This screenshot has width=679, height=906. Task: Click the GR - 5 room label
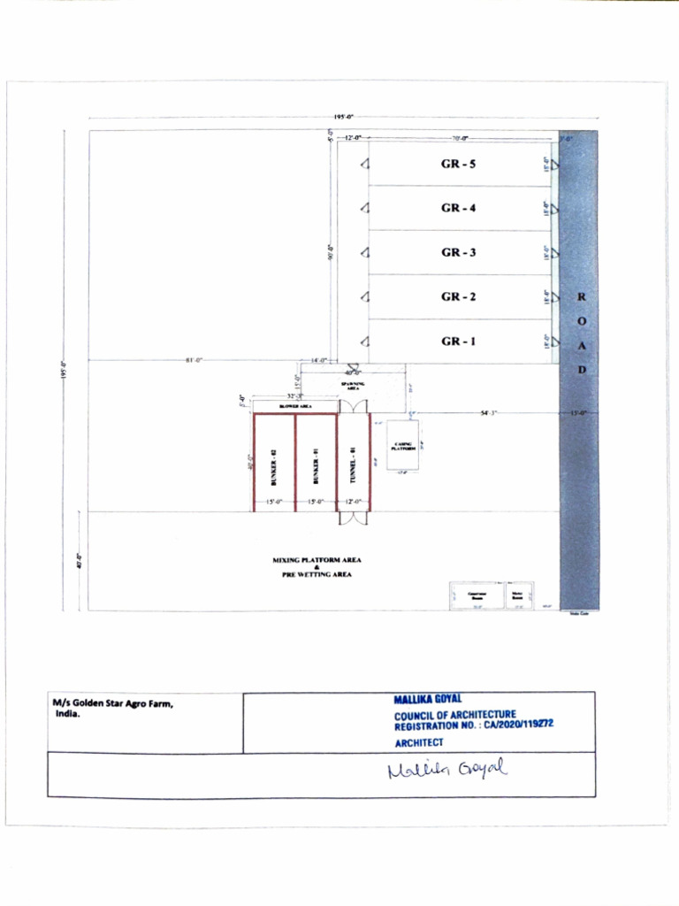pos(459,165)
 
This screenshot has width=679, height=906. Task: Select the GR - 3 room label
pos(459,253)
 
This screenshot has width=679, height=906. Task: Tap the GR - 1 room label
pos(459,342)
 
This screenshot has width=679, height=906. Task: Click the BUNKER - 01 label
pos(315,465)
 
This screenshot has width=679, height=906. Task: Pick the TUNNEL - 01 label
pos(353,465)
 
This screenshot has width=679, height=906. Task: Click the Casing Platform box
pos(402,446)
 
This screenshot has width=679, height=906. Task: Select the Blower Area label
pos(295,406)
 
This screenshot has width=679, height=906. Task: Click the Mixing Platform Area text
pos(317,560)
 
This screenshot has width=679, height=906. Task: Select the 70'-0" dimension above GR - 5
pos(460,139)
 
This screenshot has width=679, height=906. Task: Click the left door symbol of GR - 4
pos(364,209)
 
